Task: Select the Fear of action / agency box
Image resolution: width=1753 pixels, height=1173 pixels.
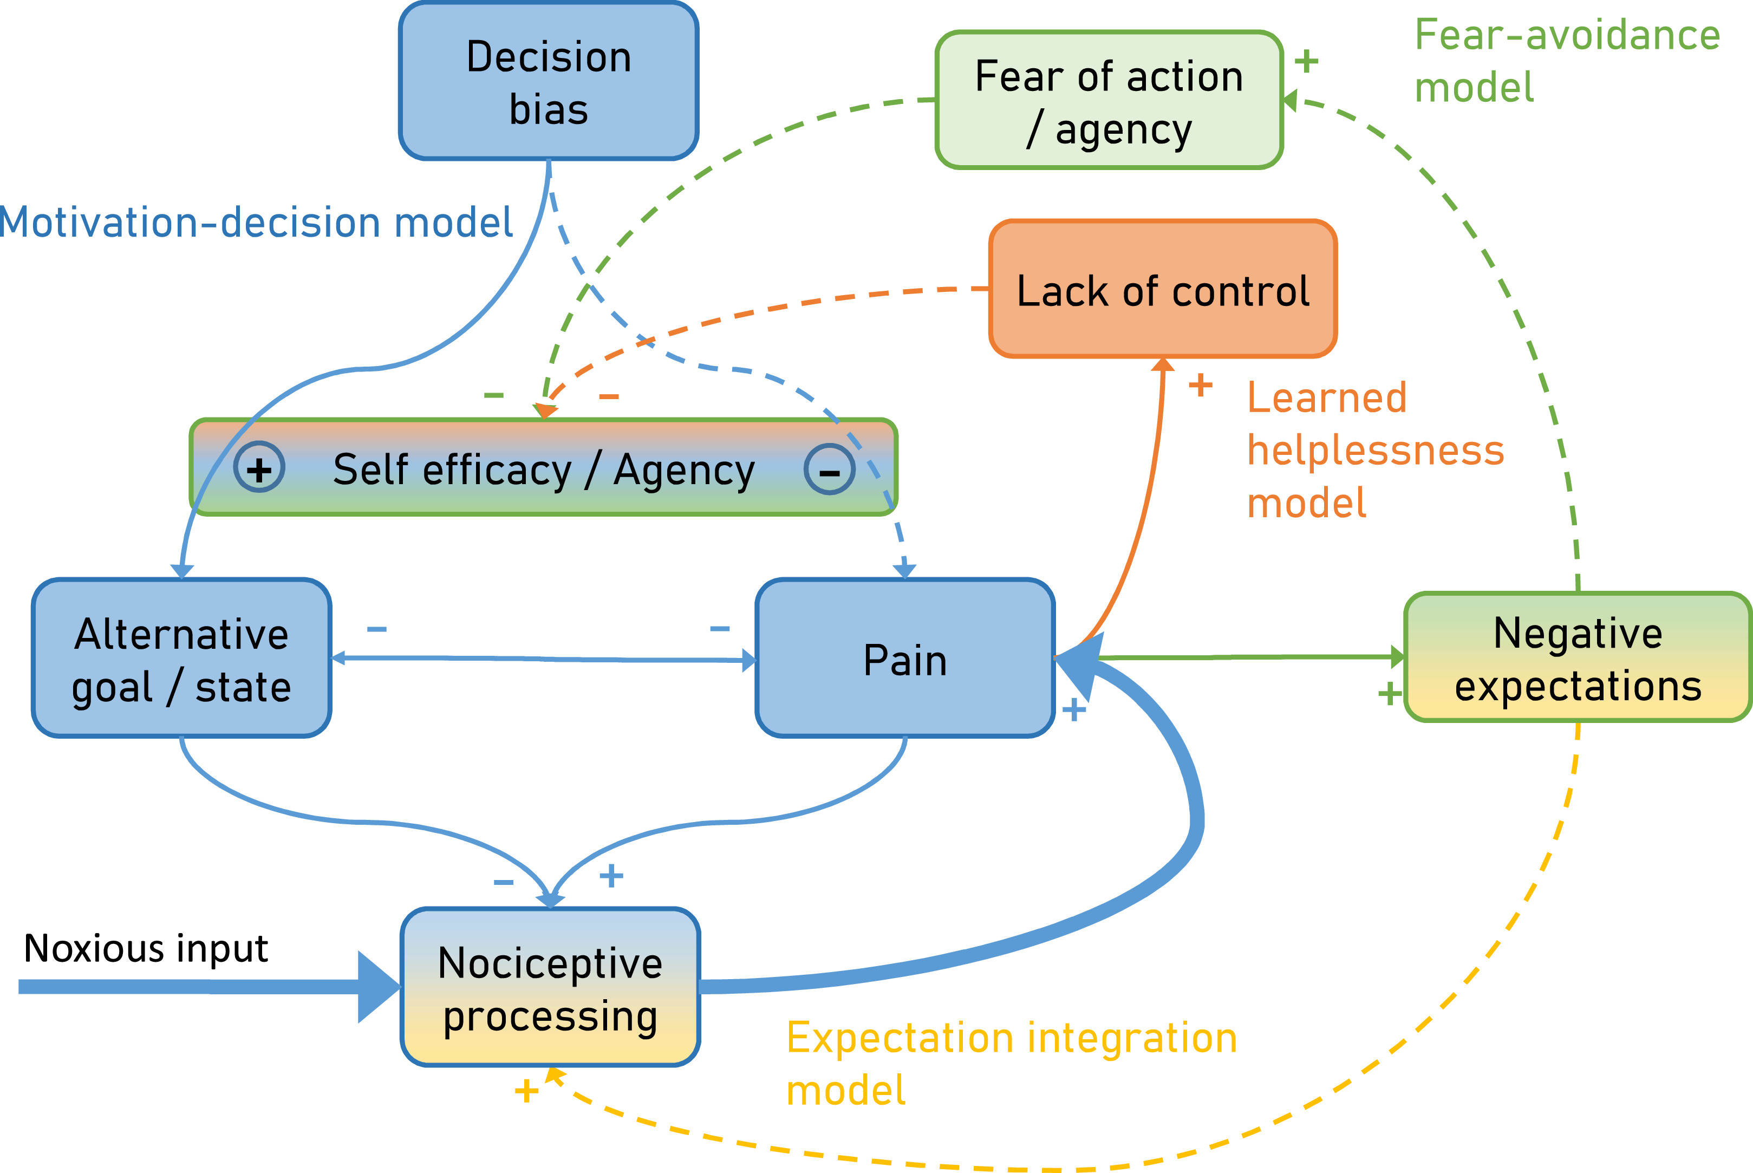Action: coord(1109,100)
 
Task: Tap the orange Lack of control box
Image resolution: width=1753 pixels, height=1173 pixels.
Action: coord(1163,290)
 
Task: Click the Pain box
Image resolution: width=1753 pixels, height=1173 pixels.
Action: coord(905,659)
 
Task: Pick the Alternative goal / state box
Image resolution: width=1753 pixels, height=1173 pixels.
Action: coord(181,659)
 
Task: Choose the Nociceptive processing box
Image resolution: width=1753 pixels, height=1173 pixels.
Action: coord(550,987)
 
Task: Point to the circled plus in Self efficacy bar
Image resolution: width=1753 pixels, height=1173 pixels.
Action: coord(259,469)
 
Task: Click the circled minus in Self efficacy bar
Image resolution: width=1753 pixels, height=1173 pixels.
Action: coord(829,471)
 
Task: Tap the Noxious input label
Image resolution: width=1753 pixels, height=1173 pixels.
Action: coord(146,949)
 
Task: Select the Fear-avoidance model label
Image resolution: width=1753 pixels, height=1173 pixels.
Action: coord(1567,61)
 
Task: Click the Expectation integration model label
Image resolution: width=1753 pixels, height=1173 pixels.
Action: coord(1011,1063)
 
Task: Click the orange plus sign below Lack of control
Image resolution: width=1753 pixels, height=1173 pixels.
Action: coord(1200,386)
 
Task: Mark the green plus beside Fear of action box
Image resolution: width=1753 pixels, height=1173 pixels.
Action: coord(1306,61)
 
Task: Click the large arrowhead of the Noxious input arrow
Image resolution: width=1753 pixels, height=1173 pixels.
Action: coord(377,987)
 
